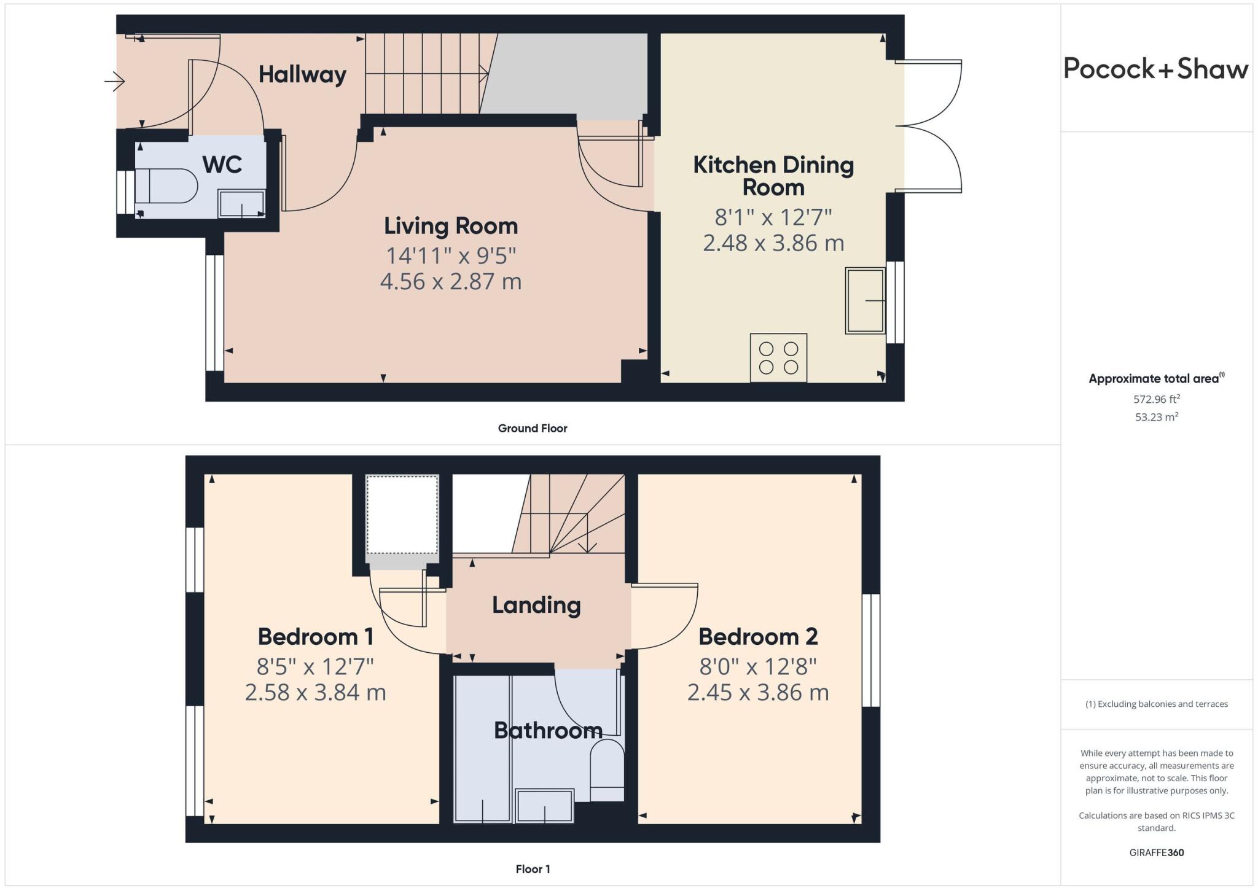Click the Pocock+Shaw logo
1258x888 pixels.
(x=1155, y=68)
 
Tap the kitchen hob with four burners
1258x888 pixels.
(x=778, y=358)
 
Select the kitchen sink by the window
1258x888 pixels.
(x=865, y=300)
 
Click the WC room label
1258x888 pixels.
(x=222, y=165)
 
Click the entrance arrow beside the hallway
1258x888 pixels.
(x=115, y=81)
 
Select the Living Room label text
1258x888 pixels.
(x=450, y=226)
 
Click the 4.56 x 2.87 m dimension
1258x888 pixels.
(x=450, y=282)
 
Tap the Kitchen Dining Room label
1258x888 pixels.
(x=773, y=176)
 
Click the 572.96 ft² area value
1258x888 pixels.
(x=1156, y=399)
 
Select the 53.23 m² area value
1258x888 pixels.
(x=1156, y=417)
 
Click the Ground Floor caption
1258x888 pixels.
(x=532, y=429)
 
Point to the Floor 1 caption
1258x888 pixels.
(x=532, y=869)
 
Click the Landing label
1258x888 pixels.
(x=536, y=606)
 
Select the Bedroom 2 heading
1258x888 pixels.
(x=757, y=637)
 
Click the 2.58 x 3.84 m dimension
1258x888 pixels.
(x=315, y=693)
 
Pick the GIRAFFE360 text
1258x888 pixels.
(x=1156, y=852)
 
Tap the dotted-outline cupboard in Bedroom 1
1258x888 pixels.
(x=402, y=515)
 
